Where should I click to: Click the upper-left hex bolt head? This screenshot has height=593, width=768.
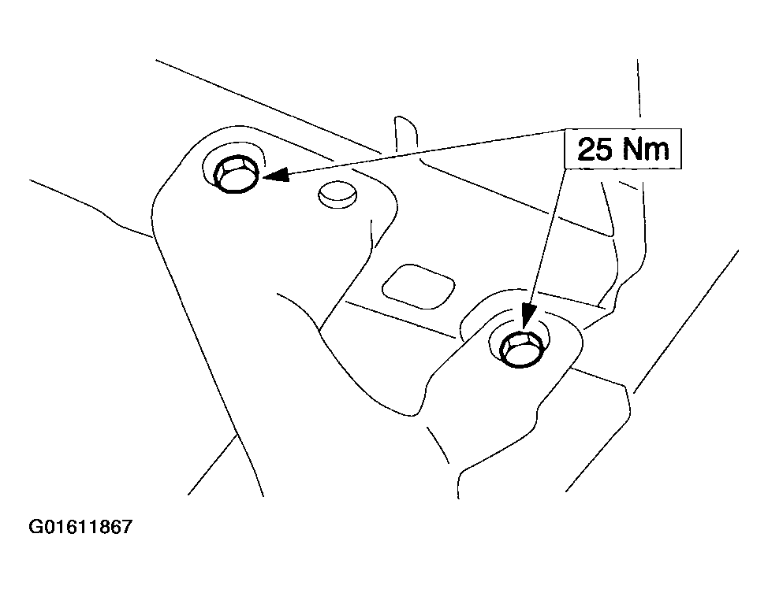236,174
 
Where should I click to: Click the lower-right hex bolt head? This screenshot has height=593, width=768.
520,348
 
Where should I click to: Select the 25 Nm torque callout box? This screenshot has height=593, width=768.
623,149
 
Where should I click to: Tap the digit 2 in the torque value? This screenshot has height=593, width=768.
588,149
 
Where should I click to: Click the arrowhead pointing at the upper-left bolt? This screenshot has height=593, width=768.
276,174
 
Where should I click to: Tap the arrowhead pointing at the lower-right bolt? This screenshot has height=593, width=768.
528,316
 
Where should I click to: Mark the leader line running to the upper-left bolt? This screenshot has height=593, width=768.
414,152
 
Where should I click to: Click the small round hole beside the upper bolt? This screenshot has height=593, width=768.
337,195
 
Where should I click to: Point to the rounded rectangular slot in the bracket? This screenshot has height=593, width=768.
418,287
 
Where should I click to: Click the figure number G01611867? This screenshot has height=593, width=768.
80,527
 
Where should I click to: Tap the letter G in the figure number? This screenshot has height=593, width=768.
36,527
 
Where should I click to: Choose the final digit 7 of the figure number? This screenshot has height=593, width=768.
127,527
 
